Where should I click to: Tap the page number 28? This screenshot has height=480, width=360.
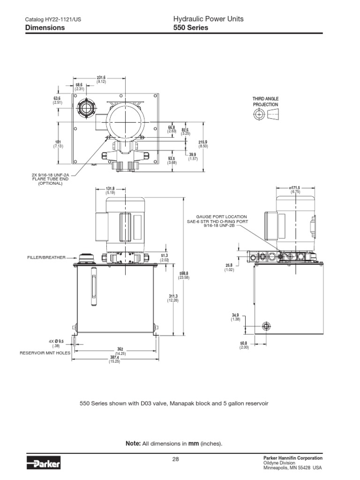pyautogui.click(x=176, y=459)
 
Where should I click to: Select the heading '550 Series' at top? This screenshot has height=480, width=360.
pyautogui.click(x=191, y=28)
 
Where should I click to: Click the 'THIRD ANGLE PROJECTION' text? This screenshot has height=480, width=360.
pyautogui.click(x=265, y=102)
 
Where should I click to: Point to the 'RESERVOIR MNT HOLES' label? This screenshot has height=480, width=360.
pyautogui.click(x=41, y=352)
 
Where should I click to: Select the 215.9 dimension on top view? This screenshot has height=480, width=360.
pyautogui.click(x=203, y=144)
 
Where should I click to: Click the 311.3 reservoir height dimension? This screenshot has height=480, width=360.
pyautogui.click(x=173, y=298)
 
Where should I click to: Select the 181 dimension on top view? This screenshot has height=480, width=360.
pyautogui.click(x=58, y=144)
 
